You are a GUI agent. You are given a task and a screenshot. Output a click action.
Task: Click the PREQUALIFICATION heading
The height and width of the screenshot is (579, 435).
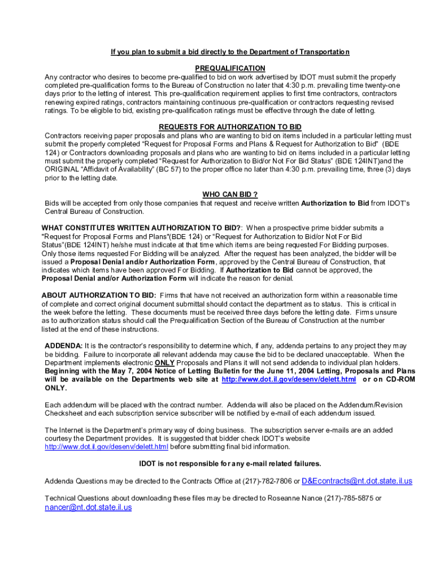(x=230, y=68)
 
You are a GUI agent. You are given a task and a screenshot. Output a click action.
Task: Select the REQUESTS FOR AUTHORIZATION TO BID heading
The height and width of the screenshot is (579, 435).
(x=230, y=127)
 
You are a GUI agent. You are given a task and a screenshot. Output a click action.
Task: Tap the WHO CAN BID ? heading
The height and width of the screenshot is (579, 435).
(x=230, y=195)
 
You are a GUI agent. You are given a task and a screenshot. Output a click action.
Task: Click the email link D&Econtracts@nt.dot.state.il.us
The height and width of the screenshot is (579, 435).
(x=357, y=481)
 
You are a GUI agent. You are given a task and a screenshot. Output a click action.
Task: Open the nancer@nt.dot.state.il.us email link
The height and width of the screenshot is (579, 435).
(x=88, y=507)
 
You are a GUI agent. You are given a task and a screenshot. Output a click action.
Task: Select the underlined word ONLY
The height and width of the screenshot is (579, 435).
(x=164, y=362)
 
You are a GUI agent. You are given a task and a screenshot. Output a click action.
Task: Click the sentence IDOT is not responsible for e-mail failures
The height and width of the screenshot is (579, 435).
(x=230, y=464)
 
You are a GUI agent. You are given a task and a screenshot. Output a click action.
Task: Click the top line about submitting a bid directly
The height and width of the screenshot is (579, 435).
(x=230, y=52)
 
